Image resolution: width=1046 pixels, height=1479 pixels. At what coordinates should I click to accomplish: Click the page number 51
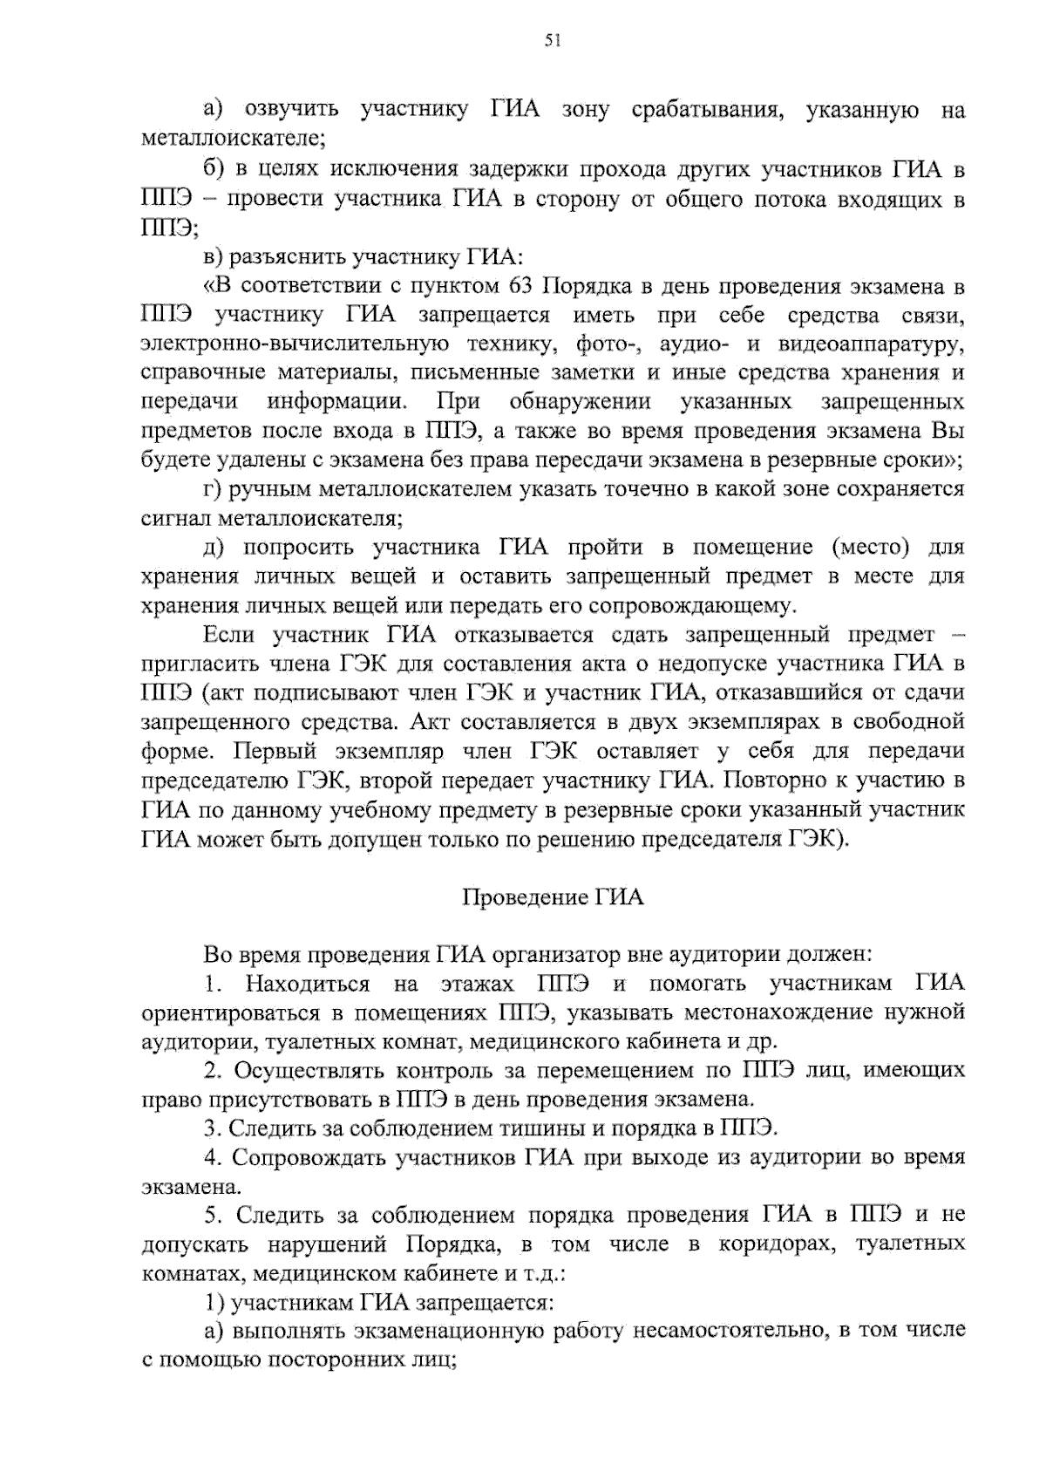pos(551,39)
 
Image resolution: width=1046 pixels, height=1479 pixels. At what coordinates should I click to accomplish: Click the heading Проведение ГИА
pos(552,896)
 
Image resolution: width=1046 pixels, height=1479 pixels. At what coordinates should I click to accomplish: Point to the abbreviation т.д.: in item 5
pos(545,1274)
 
